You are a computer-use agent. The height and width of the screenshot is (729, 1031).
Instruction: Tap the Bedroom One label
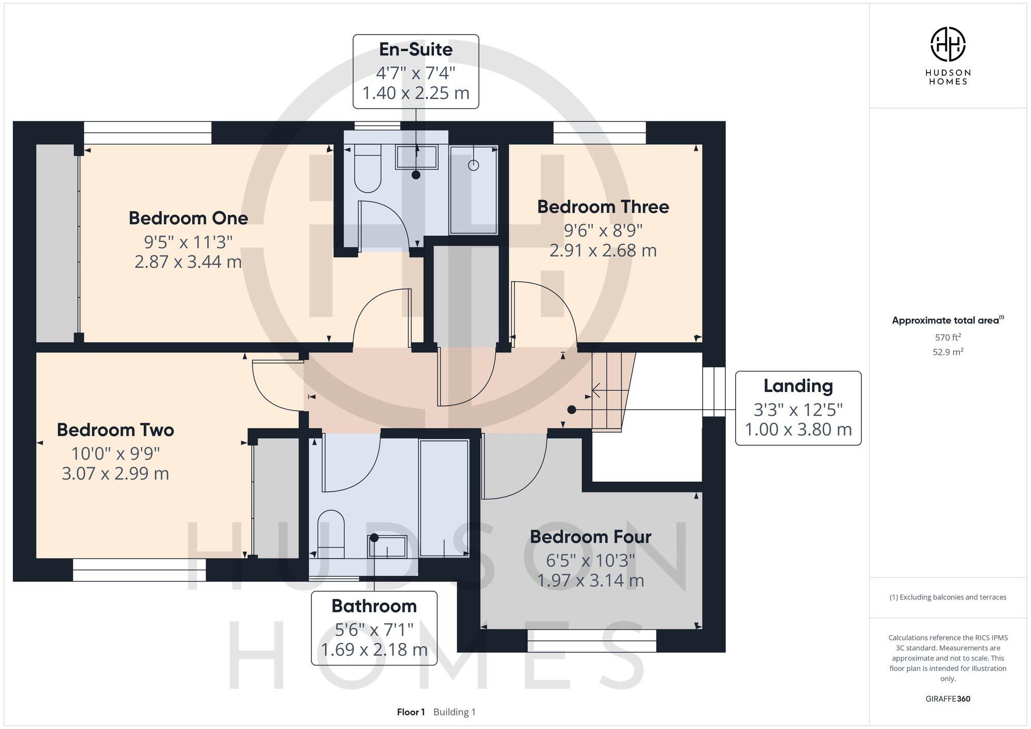(188, 218)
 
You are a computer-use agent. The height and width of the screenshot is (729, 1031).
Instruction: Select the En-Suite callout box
(415, 72)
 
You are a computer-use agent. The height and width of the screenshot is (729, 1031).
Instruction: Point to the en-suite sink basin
(416, 157)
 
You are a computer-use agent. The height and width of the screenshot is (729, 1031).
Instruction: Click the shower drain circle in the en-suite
(473, 165)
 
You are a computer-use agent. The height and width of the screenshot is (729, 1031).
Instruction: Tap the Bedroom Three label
(603, 207)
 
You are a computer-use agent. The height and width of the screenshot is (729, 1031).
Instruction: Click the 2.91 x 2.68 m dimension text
(603, 250)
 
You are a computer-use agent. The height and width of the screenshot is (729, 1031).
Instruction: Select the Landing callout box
(797, 408)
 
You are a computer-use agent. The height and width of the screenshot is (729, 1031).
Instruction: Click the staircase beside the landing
(612, 392)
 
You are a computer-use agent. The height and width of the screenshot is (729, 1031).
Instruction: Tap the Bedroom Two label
(115, 430)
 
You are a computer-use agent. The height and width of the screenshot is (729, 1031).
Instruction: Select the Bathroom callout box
(374, 628)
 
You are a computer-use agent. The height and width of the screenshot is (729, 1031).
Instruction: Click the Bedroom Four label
(590, 537)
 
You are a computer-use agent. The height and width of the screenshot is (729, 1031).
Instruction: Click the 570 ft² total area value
(947, 337)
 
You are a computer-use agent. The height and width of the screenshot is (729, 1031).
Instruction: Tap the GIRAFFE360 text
(947, 699)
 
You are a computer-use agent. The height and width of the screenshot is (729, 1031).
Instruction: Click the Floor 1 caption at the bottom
(411, 712)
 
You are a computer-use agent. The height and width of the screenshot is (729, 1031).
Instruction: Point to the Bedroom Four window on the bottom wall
(592, 640)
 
